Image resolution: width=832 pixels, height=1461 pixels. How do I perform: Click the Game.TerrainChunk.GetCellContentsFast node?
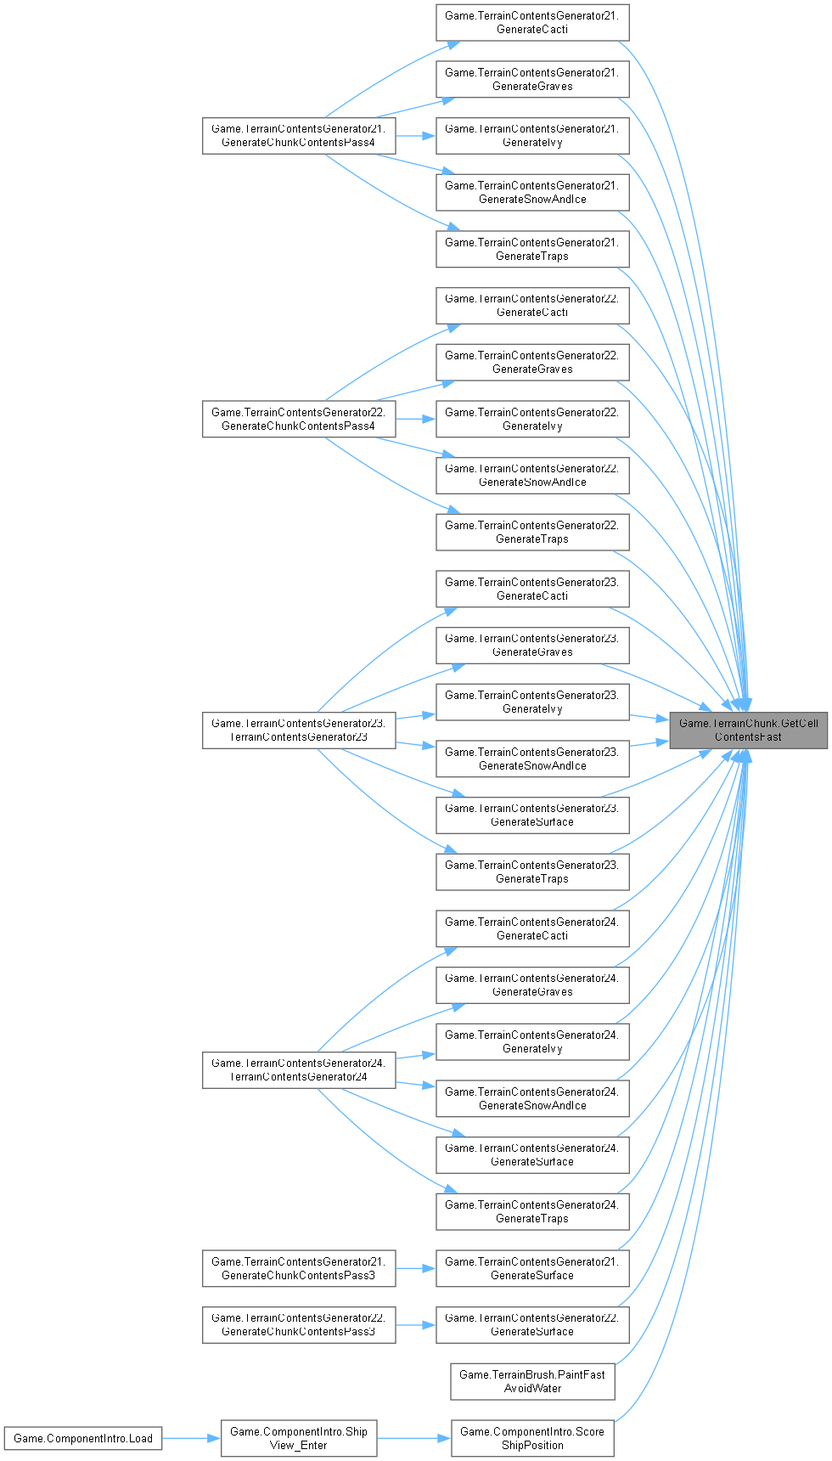point(748,730)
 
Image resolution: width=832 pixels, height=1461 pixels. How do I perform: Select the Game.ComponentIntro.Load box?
point(83,1438)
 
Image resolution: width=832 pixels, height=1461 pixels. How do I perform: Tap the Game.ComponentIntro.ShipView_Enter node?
point(299,1438)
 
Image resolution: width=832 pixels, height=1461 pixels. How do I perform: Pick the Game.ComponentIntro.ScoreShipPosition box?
point(532,1438)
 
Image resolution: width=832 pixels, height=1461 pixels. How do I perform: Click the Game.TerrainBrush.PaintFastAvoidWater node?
point(532,1381)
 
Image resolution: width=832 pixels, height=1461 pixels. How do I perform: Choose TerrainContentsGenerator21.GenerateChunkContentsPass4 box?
point(299,136)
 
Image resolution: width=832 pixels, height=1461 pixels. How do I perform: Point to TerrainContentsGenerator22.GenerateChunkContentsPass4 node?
point(299,419)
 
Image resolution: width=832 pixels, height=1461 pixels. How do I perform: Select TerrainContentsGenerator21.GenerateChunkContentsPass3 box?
point(299,1268)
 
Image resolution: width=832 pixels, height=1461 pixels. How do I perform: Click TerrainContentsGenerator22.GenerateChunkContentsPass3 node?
point(299,1324)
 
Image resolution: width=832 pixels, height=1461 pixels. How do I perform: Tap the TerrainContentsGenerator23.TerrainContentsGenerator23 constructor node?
point(299,730)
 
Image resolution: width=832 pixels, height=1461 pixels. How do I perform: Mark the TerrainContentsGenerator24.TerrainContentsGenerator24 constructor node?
point(299,1069)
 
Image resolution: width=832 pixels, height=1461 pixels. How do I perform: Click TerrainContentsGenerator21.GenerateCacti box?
point(532,22)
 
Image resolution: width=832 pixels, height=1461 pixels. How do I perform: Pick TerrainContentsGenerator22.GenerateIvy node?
point(532,419)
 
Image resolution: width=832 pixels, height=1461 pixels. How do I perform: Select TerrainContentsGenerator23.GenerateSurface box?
point(532,815)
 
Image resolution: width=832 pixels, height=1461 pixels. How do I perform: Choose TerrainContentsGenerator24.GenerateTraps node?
point(532,1211)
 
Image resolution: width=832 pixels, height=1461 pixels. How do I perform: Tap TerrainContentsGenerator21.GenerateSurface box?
point(532,1268)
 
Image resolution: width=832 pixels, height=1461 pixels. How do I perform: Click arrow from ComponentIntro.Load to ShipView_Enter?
point(191,1438)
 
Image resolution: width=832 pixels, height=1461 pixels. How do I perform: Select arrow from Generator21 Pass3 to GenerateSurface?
point(416,1268)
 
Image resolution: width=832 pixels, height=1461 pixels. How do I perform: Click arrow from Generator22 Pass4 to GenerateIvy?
point(416,419)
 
